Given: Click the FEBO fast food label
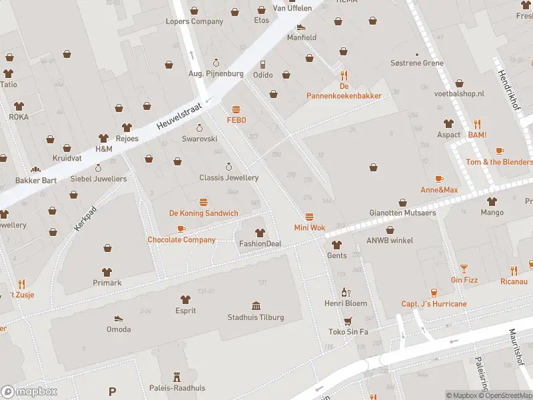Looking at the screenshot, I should (x=236, y=120).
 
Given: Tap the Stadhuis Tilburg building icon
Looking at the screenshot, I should (x=256, y=305).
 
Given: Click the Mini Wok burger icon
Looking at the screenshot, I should (x=309, y=217).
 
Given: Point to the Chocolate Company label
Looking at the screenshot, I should (x=181, y=240).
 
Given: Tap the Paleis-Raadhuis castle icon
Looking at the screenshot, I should (x=177, y=377).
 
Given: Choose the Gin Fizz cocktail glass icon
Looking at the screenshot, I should (x=463, y=269).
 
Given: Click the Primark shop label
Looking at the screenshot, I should (x=107, y=283).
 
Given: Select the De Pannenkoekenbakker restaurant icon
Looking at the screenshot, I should (x=344, y=75).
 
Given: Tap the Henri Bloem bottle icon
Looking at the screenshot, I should (x=345, y=292).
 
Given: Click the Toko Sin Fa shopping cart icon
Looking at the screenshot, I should (x=347, y=321).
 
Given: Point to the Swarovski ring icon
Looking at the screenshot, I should (x=199, y=127).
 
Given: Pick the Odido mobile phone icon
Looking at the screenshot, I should (x=263, y=64).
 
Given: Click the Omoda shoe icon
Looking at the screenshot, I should (x=119, y=318).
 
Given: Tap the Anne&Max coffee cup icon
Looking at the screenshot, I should (x=439, y=179).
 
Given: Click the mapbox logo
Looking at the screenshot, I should (x=29, y=392).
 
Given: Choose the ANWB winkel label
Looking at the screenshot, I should (x=390, y=240).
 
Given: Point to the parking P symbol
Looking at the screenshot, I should (x=112, y=392).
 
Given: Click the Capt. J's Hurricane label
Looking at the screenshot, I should (x=434, y=304).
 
